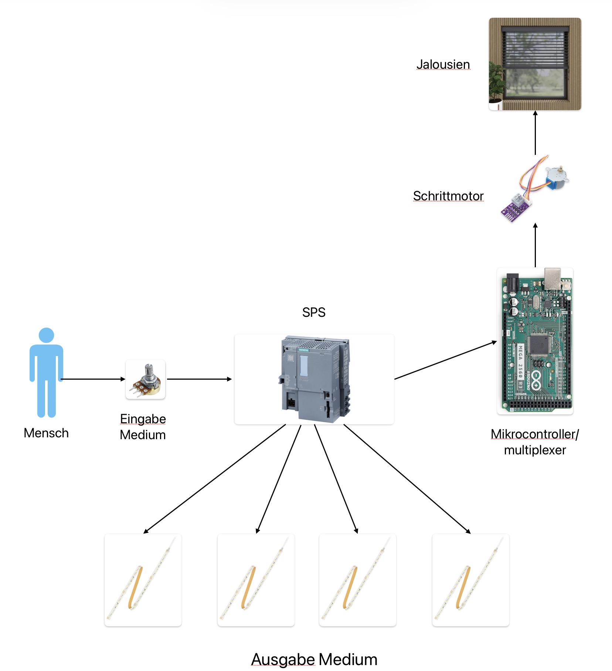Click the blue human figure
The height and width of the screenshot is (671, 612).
(46, 372)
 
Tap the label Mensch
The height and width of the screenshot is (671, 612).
(46, 433)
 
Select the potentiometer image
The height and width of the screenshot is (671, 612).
(145, 379)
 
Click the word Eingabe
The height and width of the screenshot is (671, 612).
(143, 419)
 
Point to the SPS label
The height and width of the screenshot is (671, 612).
(314, 312)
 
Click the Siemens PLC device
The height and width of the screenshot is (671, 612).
(314, 379)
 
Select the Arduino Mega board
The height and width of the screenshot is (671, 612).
(535, 341)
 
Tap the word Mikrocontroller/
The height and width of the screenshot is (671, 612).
(535, 434)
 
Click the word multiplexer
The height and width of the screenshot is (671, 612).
(535, 450)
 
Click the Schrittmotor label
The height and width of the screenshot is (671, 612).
(448, 196)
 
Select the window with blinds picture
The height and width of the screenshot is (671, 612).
(535, 64)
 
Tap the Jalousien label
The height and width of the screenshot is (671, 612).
(443, 64)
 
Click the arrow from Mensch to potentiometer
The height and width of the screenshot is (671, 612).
(92, 379)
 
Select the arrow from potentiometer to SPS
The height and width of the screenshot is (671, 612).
(200, 379)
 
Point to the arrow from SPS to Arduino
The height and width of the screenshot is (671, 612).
(445, 360)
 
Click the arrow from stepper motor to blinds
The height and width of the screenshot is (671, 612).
(535, 133)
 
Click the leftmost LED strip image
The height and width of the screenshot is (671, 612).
(143, 580)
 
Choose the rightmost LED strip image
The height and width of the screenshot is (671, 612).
(470, 580)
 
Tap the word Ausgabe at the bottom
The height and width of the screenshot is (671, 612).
(283, 660)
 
